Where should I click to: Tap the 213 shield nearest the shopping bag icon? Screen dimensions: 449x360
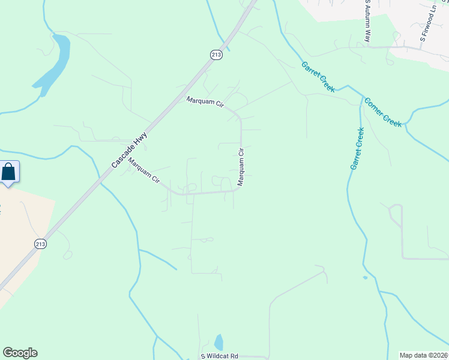coord(40,244)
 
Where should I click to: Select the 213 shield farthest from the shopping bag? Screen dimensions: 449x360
coord(216,55)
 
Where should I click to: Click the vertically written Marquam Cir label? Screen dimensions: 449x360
coord(241,167)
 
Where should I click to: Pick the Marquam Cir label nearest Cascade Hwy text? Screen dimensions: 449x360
coord(143,170)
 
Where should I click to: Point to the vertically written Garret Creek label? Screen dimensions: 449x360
coord(357,148)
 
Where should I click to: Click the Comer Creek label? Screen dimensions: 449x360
coord(383,112)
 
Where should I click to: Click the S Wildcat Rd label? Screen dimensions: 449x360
coord(220,356)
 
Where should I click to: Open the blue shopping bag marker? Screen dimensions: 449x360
coord(9,172)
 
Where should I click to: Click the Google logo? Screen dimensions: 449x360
coord(20,353)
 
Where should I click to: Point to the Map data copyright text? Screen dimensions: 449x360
coord(424,355)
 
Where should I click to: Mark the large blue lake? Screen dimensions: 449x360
coord(54,64)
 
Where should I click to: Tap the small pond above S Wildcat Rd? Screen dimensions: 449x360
coord(218,342)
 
